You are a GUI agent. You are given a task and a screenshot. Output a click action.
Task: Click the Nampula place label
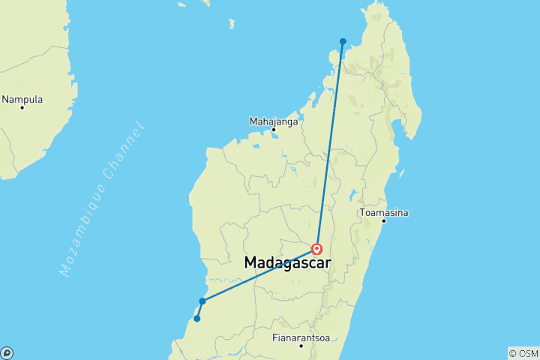pyautogui.click(x=22, y=99)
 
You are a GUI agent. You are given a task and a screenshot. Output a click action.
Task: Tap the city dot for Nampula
pyautogui.click(x=22, y=108)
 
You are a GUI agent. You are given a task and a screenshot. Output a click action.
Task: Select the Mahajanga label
pyautogui.click(x=274, y=120)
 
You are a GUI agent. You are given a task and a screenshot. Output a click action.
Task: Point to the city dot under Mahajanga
pyautogui.click(x=274, y=129)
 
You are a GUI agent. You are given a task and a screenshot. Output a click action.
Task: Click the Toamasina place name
pyautogui.click(x=384, y=212)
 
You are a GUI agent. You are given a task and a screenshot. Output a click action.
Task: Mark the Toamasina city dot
pyautogui.click(x=384, y=220)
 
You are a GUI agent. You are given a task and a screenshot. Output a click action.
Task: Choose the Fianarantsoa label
pyautogui.click(x=300, y=337)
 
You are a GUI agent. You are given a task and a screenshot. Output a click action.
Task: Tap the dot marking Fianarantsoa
pyautogui.click(x=301, y=346)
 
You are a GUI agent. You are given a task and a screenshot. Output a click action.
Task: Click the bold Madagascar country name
pyautogui.click(x=288, y=263)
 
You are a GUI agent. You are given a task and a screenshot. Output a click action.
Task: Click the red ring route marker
pyautogui.click(x=317, y=249)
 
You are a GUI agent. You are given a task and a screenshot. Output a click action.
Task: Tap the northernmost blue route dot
pyautogui.click(x=343, y=41)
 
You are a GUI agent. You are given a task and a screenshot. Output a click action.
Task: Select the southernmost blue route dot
pyautogui.click(x=197, y=319)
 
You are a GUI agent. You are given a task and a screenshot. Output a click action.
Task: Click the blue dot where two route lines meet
pyautogui.click(x=202, y=301)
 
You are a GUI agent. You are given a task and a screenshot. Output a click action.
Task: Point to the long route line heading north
pyautogui.click(x=330, y=142)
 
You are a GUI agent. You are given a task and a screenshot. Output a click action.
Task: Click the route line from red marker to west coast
pyautogui.click(x=259, y=275)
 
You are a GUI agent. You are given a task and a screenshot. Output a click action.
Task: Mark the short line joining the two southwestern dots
pyautogui.click(x=199, y=310)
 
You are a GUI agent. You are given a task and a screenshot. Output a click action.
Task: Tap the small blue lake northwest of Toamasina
pyautogui.click(x=352, y=196)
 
